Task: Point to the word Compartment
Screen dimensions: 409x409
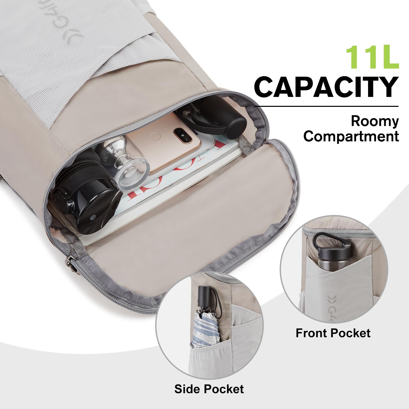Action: pos(351,136)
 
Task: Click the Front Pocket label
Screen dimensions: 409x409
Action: pos(333,333)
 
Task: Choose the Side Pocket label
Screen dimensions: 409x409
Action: pos(209,389)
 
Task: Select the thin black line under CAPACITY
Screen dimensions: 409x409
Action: pos(326,106)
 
